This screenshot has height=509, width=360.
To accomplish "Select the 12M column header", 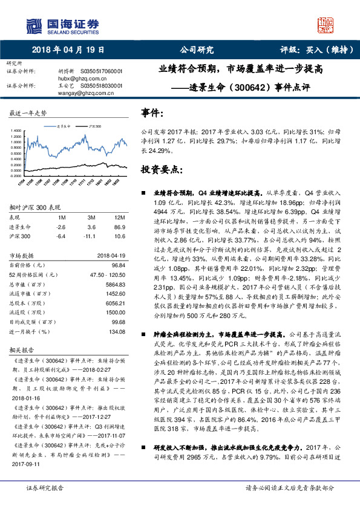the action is pyautogui.click(x=117, y=218).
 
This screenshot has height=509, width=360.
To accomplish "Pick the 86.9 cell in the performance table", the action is pyautogui.click(x=117, y=226).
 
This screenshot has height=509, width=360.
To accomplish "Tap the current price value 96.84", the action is pyautogui.click(x=119, y=264).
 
